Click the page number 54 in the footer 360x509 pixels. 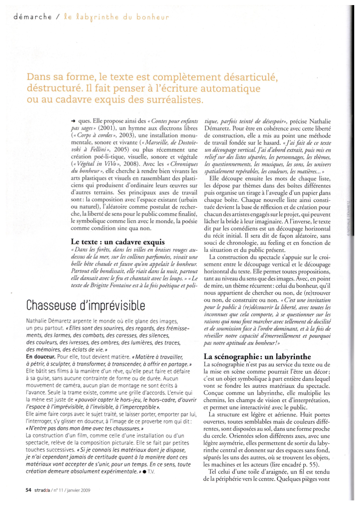28,490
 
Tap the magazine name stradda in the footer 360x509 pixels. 42,490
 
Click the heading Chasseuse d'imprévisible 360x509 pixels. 86,305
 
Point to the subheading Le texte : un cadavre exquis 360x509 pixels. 118,242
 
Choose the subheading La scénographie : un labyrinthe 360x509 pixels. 257,356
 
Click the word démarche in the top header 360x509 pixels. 32,17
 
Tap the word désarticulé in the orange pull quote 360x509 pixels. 248,77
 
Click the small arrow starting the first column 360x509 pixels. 73,121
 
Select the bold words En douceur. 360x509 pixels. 41,357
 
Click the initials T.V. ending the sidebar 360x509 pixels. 151,471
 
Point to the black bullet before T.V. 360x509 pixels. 144,471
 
